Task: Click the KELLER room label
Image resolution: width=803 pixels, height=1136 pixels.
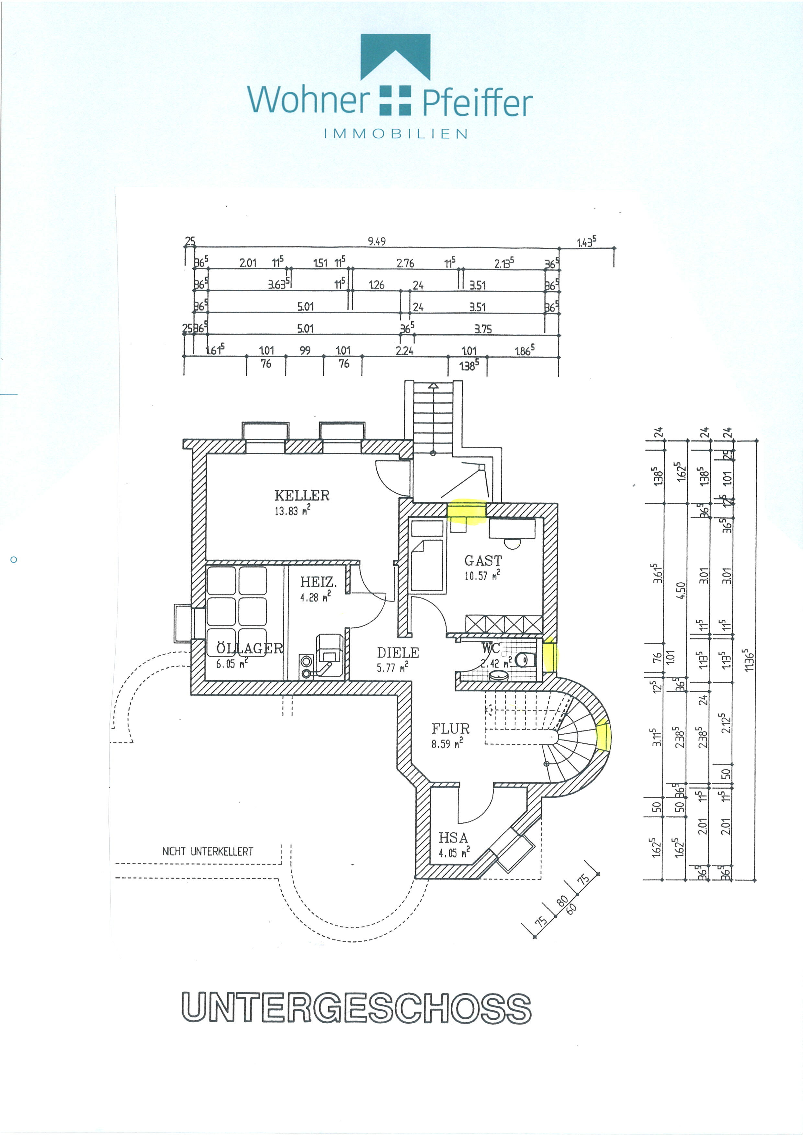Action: [302, 495]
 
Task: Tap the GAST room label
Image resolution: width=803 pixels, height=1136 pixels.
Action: [482, 561]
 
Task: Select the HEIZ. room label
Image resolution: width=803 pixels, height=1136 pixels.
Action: [318, 582]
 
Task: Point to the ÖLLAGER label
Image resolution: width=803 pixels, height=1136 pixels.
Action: [250, 648]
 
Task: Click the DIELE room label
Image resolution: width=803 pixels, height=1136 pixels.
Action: [398, 653]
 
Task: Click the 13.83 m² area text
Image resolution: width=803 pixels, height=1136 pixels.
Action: [293, 511]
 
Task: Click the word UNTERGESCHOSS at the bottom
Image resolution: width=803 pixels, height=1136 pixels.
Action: [356, 1007]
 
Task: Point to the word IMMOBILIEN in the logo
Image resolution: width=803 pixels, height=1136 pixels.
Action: [396, 133]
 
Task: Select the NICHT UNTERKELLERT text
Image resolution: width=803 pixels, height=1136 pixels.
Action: [208, 852]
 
